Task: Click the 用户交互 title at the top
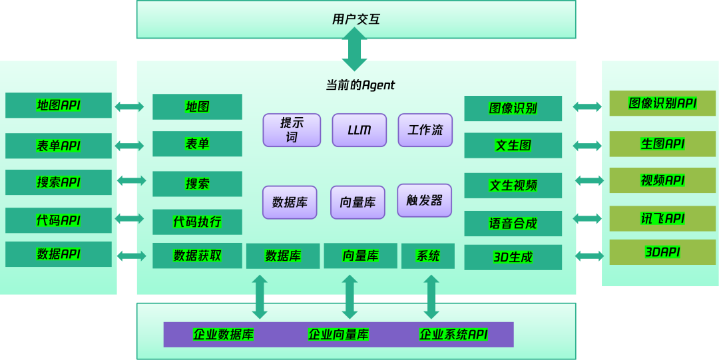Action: [356, 19]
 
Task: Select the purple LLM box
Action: [359, 130]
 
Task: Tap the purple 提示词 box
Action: [292, 130]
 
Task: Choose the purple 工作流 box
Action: [425, 130]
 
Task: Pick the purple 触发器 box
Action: [424, 200]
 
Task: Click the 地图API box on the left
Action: [59, 105]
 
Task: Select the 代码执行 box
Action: [197, 222]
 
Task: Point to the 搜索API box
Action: [59, 182]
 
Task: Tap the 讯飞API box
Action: [662, 218]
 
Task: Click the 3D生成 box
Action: [513, 257]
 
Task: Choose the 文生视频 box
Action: [513, 185]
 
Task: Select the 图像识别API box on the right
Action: [662, 103]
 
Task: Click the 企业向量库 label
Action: [338, 334]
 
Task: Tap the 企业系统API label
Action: [453, 334]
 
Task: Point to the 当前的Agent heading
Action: [360, 85]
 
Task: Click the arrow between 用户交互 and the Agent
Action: [354, 49]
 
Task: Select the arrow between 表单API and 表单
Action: [129, 146]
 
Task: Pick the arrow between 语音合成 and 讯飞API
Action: [587, 218]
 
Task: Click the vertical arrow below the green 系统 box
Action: [431, 296]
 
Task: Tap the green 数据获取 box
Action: [197, 256]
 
